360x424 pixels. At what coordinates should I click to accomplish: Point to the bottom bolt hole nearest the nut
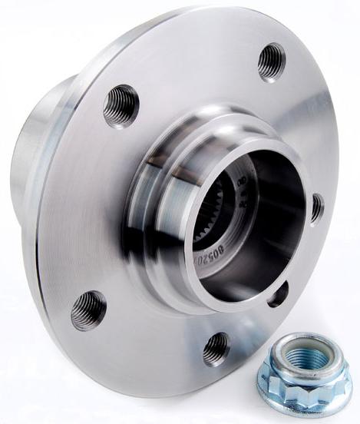pos(217,349)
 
